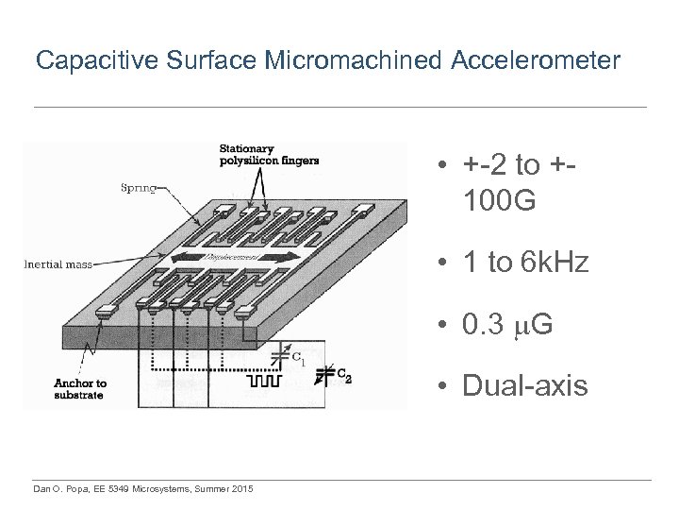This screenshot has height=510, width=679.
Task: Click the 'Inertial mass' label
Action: coord(58,264)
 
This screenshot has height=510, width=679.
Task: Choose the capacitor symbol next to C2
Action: coord(323,375)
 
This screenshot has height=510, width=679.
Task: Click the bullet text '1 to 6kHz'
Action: coord(526,263)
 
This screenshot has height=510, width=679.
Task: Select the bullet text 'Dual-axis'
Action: coord(525,386)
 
